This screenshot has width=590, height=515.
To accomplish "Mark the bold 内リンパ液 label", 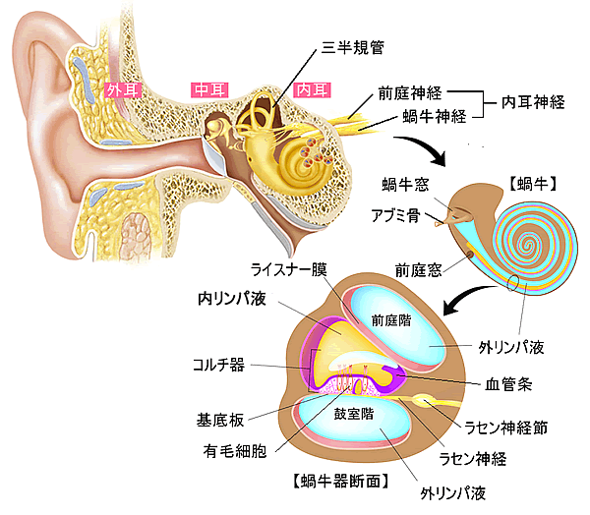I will pos(233,296).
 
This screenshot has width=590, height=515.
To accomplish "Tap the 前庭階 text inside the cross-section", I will pos(390,319).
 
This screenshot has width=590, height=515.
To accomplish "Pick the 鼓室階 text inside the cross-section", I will pos(352,413).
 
